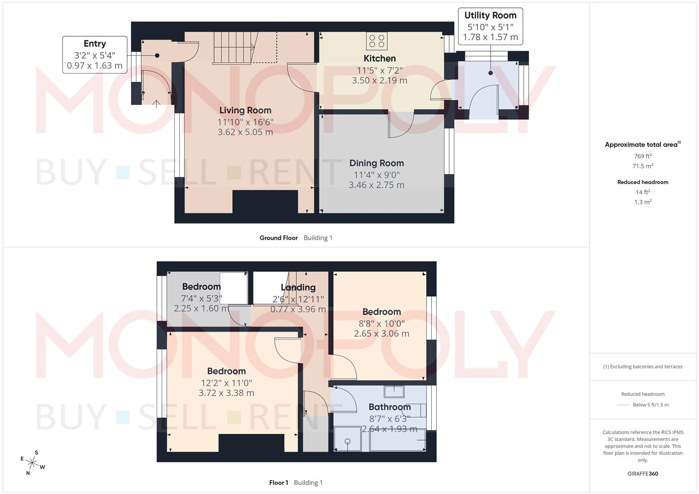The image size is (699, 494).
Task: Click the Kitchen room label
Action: pyautogui.click(x=379, y=59)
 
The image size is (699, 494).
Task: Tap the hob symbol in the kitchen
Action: pyautogui.click(x=376, y=41)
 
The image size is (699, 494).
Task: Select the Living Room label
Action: pyautogui.click(x=245, y=110)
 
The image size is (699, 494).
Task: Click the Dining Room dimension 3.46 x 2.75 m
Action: pyautogui.click(x=376, y=185)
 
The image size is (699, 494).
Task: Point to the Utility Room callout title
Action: pyautogui.click(x=490, y=16)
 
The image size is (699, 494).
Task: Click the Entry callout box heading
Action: pyautogui.click(x=95, y=44)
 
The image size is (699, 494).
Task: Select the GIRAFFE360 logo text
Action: pyautogui.click(x=643, y=474)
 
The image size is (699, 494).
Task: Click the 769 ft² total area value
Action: pyautogui.click(x=643, y=156)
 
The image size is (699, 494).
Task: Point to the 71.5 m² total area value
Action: pyautogui.click(x=643, y=166)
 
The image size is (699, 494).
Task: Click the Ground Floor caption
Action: pyautogui.click(x=278, y=238)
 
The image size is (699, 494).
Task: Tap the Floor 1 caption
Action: pyautogui.click(x=278, y=483)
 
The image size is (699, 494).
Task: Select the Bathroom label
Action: pyautogui.click(x=390, y=407)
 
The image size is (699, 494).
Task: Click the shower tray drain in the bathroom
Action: pyautogui.click(x=347, y=441)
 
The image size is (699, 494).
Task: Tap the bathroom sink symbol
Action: pyautogui.click(x=394, y=392)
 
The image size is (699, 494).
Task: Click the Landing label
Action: pyautogui.click(x=298, y=288)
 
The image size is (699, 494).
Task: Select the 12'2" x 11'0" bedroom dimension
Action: pyautogui.click(x=226, y=383)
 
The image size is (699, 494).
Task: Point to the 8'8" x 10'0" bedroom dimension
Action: pyautogui.click(x=381, y=323)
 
